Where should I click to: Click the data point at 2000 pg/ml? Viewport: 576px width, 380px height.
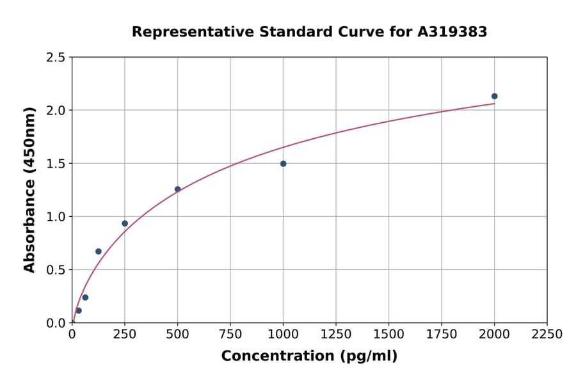point(494,97)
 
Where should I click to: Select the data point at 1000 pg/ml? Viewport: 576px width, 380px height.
point(283,164)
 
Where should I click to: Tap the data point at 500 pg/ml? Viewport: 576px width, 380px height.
point(177,189)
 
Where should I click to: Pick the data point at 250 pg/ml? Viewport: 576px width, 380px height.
point(125,223)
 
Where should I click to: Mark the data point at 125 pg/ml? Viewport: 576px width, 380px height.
point(99,251)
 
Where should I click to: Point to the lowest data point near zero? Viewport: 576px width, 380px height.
point(79,311)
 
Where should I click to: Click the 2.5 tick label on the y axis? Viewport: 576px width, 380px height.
point(56,58)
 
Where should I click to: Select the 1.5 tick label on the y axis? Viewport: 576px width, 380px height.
point(56,164)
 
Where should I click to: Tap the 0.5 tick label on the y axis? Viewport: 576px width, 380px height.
point(56,270)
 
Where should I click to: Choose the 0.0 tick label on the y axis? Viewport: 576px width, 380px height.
point(56,323)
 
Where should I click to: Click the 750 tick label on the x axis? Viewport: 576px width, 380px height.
point(230,335)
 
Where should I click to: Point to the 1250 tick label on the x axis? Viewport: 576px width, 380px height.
point(336,335)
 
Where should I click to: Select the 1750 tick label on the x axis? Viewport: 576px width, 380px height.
point(442,335)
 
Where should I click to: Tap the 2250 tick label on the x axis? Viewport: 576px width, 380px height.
point(547,335)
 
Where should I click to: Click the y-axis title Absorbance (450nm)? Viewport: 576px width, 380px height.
point(29,190)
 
